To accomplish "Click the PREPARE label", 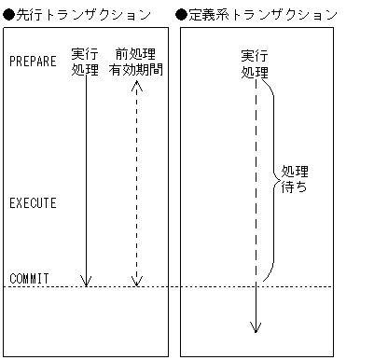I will point(33,62).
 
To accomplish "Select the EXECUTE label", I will point(33,202).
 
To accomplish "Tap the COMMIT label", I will point(29,278).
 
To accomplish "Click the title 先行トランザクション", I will point(85,16).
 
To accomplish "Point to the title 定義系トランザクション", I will point(263,16).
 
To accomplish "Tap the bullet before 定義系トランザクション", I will point(182,16).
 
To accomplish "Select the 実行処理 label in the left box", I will point(85,62).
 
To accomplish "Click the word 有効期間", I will point(136,69).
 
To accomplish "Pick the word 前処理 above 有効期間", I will point(136,54).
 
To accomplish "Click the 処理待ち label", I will point(295,179).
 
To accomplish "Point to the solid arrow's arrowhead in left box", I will point(86,281).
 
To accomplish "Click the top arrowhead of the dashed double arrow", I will point(136,85).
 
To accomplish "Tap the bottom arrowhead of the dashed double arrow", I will point(136,281).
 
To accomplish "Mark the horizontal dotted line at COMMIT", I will point(205,286).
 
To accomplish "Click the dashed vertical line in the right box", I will point(255,187).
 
